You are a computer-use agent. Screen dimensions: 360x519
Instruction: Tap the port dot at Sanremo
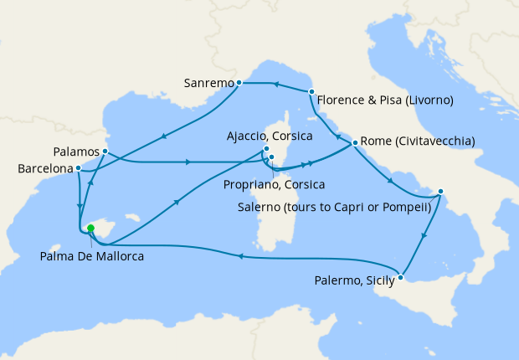239,82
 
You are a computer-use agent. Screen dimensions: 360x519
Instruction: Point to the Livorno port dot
311,91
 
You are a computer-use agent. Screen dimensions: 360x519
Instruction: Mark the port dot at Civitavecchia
355,142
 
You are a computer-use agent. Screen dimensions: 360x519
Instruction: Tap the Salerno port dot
439,192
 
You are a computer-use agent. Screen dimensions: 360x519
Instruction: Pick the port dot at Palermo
402,277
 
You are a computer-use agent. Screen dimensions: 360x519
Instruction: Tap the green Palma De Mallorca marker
90,227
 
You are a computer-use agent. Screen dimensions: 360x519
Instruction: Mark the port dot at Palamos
105,151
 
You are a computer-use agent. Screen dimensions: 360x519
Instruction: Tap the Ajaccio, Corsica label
270,136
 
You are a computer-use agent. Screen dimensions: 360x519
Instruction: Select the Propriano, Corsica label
274,183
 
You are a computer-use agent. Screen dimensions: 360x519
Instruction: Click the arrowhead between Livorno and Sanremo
275,84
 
